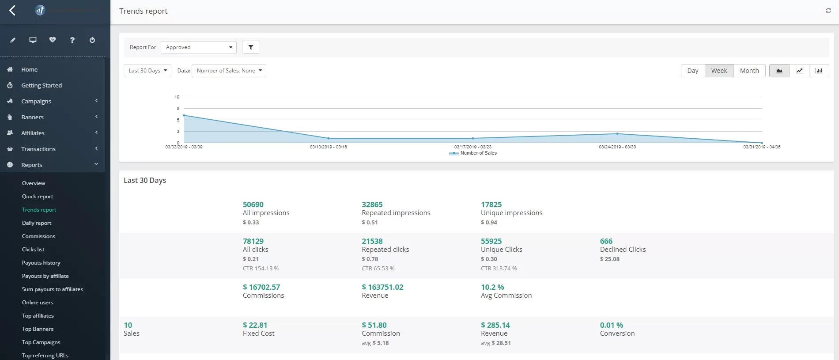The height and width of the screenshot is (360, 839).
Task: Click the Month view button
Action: click(749, 71)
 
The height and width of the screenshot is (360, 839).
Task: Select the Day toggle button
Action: click(692, 71)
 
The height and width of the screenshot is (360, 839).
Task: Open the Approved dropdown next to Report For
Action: click(198, 47)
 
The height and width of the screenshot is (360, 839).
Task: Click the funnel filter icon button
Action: click(251, 47)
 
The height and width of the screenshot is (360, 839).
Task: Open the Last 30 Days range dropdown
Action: click(147, 71)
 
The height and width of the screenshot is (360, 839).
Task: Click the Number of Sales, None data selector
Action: click(229, 71)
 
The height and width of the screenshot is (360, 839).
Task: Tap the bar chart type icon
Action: click(819, 71)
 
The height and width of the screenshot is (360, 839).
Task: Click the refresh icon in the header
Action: click(828, 11)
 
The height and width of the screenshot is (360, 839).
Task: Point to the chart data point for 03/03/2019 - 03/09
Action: click(184, 115)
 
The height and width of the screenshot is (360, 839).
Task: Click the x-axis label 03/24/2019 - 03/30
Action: click(617, 147)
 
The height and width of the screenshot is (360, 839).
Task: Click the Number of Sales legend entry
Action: click(478, 153)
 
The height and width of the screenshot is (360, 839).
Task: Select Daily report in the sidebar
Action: click(37, 223)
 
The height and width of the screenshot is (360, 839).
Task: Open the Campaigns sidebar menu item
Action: click(36, 101)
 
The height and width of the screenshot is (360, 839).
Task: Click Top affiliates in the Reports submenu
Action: click(38, 316)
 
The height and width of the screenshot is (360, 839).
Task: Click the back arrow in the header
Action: click(12, 11)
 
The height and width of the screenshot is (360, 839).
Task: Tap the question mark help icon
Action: click(72, 40)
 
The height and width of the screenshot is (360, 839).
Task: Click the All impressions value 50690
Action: click(253, 205)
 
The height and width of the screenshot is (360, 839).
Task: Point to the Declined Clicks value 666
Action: click(606, 241)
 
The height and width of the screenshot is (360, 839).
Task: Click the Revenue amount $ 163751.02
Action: click(382, 287)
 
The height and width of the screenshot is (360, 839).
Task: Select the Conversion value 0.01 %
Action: click(611, 325)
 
